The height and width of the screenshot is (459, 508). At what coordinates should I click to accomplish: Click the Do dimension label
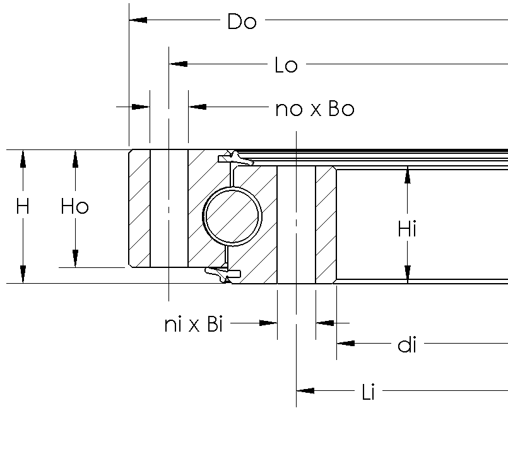(242, 21)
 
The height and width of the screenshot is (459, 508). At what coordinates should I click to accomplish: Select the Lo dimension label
(286, 65)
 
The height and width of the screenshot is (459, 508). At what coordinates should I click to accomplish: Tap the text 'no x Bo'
(315, 109)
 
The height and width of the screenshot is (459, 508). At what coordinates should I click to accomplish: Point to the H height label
(23, 207)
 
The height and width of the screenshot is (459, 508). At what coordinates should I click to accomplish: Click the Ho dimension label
(74, 207)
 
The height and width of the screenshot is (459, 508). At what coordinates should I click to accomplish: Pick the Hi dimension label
(407, 229)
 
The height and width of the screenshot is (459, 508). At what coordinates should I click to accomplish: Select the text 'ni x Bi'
(194, 325)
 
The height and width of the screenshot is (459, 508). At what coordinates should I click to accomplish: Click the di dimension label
(407, 345)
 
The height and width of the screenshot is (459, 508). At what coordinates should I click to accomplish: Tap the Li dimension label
(369, 393)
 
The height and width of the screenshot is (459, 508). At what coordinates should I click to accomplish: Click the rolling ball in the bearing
(232, 216)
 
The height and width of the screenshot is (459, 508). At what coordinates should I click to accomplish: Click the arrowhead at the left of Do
(138, 21)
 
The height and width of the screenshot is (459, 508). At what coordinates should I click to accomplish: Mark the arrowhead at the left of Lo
(179, 64)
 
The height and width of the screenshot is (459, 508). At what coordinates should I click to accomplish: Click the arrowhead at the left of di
(345, 344)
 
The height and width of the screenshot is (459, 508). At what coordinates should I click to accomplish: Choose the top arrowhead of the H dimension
(23, 159)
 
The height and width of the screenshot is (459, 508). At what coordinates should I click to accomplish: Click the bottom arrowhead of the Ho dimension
(75, 258)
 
